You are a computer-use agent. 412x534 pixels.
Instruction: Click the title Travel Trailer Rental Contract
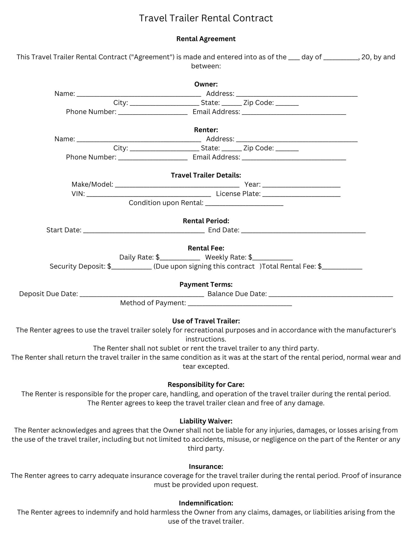click(x=206, y=18)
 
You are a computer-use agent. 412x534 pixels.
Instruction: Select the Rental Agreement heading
click(x=206, y=39)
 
